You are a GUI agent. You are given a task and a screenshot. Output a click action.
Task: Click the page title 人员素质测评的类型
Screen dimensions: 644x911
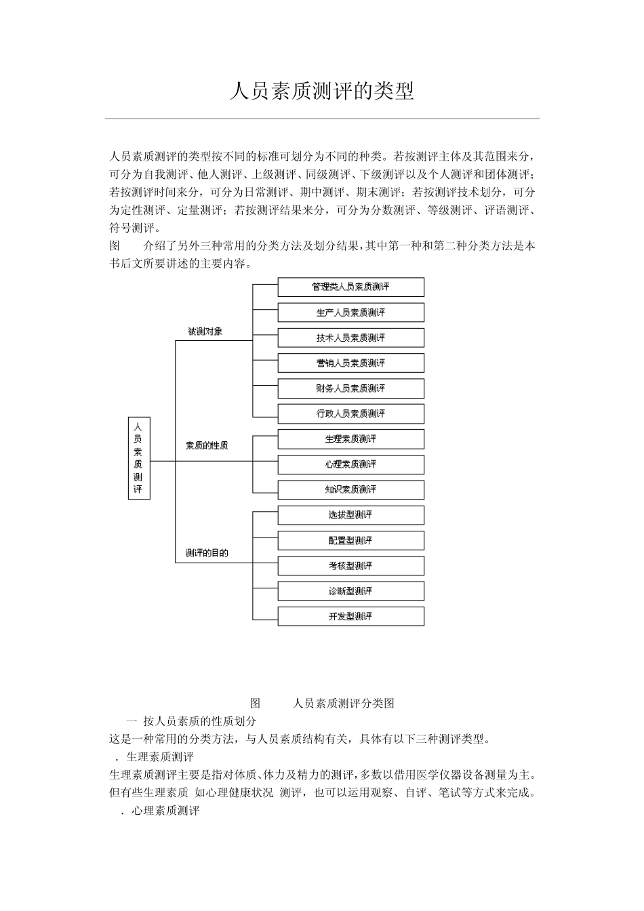click(321, 92)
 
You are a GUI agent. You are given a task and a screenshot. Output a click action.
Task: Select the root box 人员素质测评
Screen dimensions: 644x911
click(138, 458)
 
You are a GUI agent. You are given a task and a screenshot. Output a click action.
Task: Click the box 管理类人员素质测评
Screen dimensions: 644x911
click(350, 287)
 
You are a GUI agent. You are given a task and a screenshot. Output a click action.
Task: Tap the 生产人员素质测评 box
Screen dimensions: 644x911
click(350, 312)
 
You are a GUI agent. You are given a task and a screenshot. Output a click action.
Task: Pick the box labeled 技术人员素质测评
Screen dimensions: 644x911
click(350, 338)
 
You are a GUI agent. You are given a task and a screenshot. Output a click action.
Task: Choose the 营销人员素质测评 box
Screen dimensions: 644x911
click(350, 363)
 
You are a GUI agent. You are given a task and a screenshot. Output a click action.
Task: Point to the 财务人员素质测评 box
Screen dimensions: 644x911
click(350, 388)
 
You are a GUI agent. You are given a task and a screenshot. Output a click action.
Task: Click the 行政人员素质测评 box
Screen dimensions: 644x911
click(350, 413)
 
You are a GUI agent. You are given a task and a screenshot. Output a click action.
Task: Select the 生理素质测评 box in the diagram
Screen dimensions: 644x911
click(350, 439)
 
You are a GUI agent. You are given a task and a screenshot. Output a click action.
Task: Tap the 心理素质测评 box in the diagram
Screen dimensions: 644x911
click(350, 464)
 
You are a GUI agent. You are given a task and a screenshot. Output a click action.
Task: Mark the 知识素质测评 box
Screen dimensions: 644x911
click(350, 489)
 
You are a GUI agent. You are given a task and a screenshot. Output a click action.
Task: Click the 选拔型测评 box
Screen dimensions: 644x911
click(350, 515)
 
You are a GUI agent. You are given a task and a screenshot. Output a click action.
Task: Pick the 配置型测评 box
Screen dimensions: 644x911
click(350, 540)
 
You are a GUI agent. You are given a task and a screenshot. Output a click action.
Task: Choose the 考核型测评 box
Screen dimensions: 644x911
click(350, 565)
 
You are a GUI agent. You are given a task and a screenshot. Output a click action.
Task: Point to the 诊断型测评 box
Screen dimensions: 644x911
click(350, 591)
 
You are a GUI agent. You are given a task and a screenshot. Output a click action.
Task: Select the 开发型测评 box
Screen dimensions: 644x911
click(350, 616)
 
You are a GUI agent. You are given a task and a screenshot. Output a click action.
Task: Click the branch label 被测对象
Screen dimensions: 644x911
click(205, 331)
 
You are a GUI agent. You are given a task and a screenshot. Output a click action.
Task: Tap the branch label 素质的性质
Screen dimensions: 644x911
click(207, 445)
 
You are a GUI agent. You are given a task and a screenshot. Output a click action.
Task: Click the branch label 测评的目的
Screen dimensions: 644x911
click(207, 552)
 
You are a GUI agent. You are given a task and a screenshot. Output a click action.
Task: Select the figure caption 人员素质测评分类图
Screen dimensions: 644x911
click(344, 703)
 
